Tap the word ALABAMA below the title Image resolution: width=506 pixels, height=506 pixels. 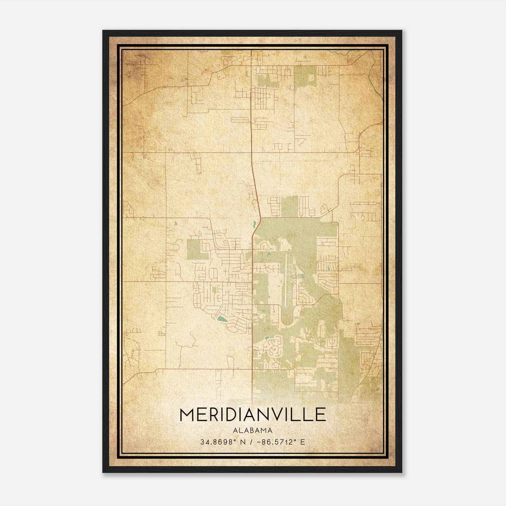click(253, 430)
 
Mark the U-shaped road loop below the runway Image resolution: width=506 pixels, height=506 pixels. click(288, 316)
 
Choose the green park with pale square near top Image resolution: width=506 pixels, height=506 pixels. click(305, 76)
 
